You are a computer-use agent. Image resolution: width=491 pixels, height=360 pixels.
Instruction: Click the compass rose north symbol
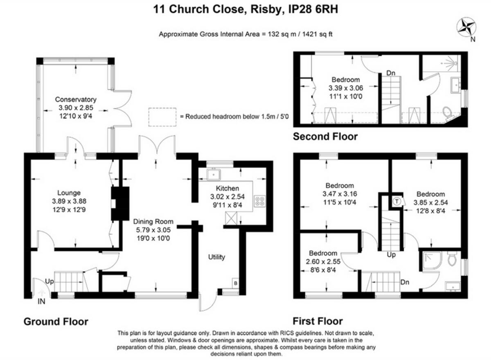466,28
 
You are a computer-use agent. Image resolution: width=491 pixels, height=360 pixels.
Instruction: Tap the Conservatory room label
76,99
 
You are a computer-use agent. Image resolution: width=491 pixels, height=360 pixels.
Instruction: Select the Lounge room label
69,193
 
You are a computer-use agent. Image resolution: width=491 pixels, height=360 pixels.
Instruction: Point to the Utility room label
216,257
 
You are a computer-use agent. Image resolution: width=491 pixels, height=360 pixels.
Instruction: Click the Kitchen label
227,189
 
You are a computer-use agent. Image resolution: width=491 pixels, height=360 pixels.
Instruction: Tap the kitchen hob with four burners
260,201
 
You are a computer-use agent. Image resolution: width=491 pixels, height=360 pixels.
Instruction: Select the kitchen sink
213,175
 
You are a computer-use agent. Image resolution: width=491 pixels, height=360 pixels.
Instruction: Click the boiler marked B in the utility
236,282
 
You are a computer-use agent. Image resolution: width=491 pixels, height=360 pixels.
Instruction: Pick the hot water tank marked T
396,201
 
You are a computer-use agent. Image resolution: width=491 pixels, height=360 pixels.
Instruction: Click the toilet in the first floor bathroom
452,259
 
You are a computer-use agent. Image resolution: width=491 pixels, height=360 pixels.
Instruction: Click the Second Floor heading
325,137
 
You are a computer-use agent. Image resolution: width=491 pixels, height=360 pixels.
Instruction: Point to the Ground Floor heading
56,322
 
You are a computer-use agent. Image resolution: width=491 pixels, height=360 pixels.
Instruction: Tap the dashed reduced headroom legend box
162,116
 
